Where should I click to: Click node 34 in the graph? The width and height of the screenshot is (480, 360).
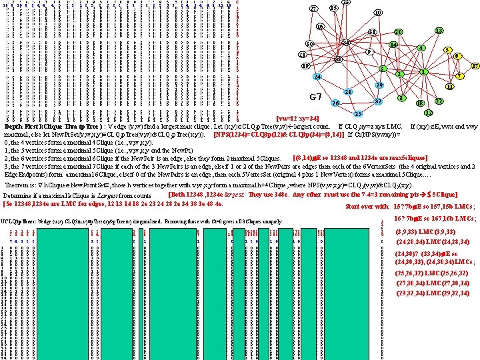(346, 43)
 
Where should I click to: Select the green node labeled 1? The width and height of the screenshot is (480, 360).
(424, 72)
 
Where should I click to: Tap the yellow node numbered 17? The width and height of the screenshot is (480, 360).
(475, 67)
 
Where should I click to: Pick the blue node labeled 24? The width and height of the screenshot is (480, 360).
(317, 77)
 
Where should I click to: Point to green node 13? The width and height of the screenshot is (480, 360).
(439, 31)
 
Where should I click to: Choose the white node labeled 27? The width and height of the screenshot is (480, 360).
(313, 9)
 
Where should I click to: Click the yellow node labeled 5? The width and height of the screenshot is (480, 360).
(449, 51)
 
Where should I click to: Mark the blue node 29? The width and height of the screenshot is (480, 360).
(379, 86)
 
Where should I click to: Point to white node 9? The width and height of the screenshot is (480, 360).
(369, 52)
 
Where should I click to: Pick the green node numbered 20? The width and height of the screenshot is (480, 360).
(398, 32)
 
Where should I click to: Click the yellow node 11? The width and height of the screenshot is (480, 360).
(451, 87)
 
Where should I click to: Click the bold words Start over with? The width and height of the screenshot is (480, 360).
(372, 206)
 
